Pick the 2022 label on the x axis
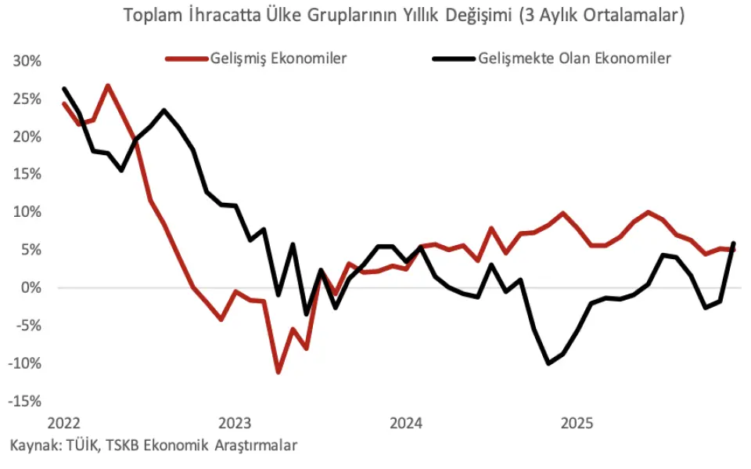[63, 424]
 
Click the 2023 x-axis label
[235, 424]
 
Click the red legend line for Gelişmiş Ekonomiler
[185, 59]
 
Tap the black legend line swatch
[454, 59]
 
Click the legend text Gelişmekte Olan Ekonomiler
[574, 59]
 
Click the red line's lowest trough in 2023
[278, 372]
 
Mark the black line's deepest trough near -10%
[548, 363]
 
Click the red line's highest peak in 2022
[107, 85]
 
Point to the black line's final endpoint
[734, 243]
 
